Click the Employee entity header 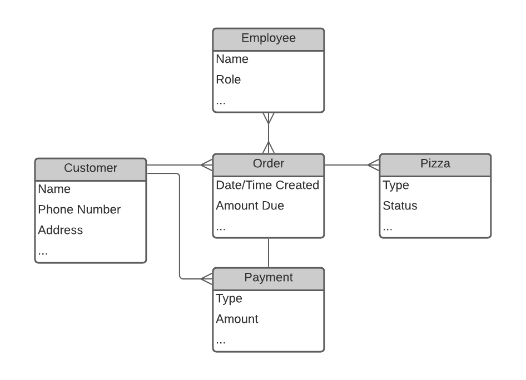click(268, 38)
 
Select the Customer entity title click(91, 168)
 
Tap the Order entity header click(268, 163)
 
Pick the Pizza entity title click(435, 163)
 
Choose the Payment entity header click(268, 277)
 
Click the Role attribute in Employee click(229, 79)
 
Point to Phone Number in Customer click(80, 209)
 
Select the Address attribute click(61, 230)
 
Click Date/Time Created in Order click(267, 185)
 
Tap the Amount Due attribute click(250, 206)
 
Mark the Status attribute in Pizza click(400, 206)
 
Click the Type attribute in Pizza click(396, 185)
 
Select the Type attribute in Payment click(229, 298)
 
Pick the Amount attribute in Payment click(237, 319)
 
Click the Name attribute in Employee click(232, 59)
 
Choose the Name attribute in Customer click(54, 189)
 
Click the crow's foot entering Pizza click(374, 164)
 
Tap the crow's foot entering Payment click(206, 278)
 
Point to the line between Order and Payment click(269, 253)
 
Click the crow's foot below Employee click(269, 118)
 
